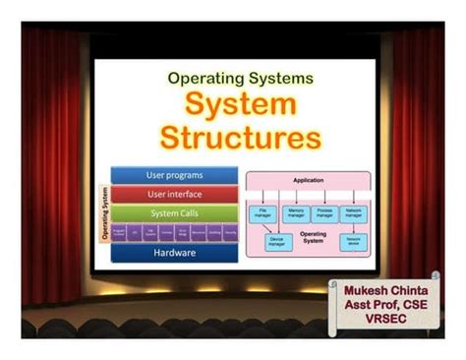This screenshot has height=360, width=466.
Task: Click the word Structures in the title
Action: (x=241, y=136)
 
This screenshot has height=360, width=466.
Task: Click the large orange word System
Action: (x=241, y=103)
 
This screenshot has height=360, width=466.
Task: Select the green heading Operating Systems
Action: (x=241, y=76)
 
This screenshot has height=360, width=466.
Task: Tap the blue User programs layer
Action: (x=175, y=175)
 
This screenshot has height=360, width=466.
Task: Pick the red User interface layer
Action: (x=175, y=195)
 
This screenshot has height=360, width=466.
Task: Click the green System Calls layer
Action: (x=175, y=213)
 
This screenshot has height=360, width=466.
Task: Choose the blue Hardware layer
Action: (x=175, y=253)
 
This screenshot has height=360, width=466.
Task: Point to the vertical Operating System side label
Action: (x=103, y=213)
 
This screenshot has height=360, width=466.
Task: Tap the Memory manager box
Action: (x=296, y=211)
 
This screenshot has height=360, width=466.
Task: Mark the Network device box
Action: (x=351, y=240)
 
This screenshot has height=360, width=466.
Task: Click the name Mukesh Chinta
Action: (x=389, y=291)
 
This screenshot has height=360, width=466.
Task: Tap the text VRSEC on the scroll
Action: (x=389, y=321)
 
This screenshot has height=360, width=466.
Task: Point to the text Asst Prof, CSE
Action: (x=389, y=306)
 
